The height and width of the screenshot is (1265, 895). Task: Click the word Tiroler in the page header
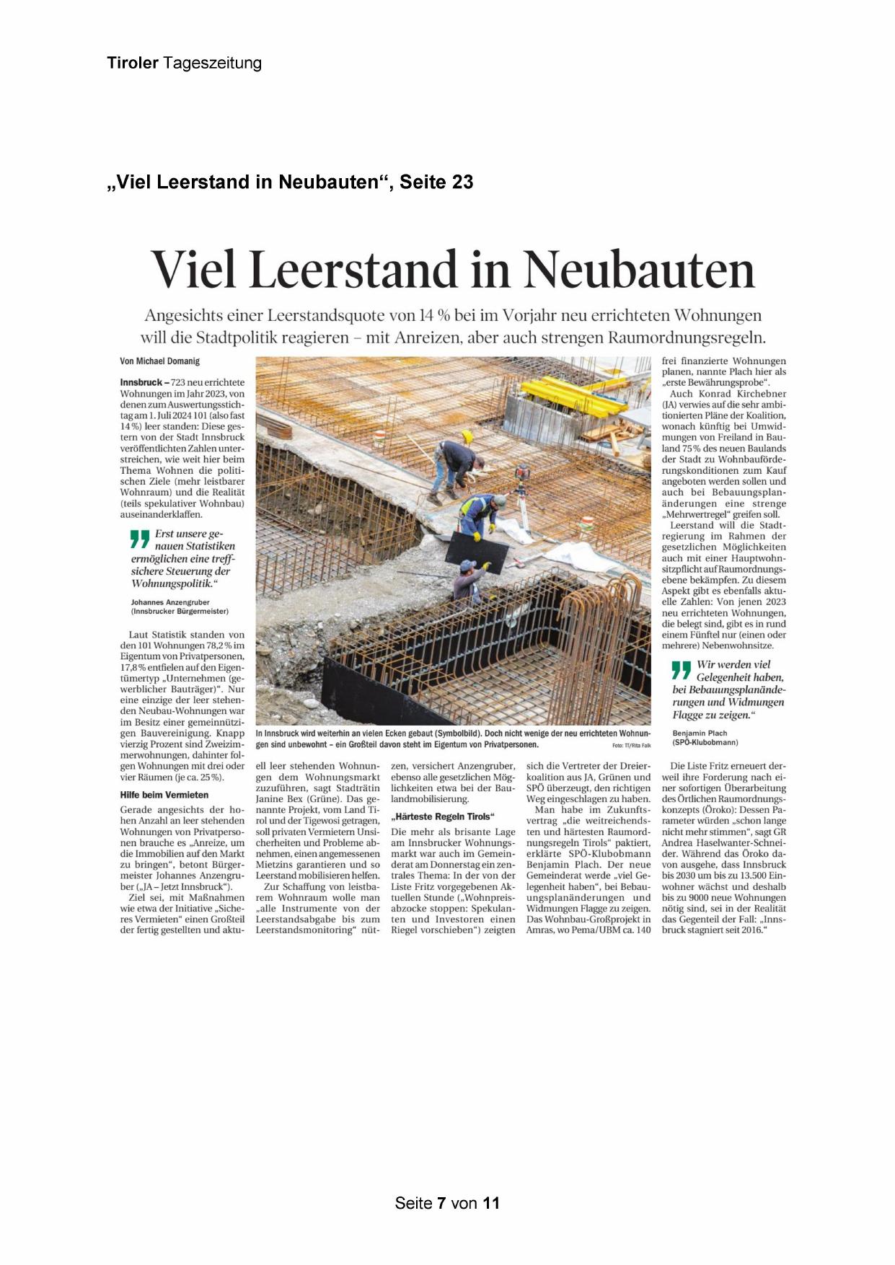133,63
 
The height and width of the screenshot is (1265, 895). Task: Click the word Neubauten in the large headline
639,270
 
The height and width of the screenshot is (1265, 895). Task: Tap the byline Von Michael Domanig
159,361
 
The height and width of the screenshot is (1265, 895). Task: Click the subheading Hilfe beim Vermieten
164,795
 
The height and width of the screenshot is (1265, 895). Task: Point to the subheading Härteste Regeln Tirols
443,816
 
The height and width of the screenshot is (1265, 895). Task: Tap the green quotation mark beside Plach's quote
681,670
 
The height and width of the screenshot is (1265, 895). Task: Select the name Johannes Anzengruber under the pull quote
170,601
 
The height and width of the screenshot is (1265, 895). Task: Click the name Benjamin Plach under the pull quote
700,733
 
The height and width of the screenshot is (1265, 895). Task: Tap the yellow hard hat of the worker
467,436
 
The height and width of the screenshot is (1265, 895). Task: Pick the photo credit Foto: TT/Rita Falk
631,745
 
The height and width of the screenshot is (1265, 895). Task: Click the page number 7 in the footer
441,1203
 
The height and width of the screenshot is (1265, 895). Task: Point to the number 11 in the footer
491,1203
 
